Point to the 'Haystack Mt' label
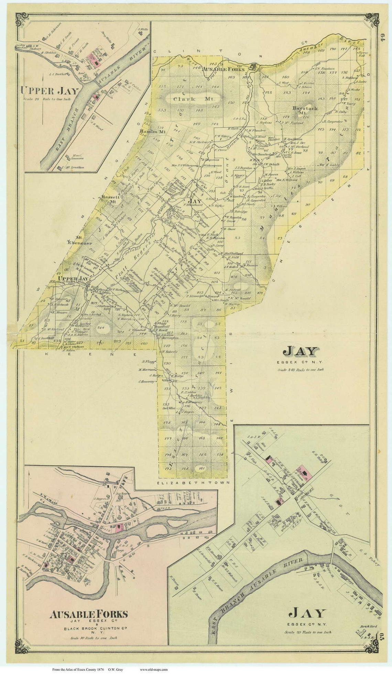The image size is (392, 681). coord(305,110)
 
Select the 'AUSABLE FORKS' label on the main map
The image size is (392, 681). coord(224,69)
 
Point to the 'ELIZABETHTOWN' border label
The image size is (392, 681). coord(192,483)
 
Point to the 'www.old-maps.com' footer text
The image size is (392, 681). coord(154,670)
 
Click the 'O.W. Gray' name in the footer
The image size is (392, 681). coord(116,670)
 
